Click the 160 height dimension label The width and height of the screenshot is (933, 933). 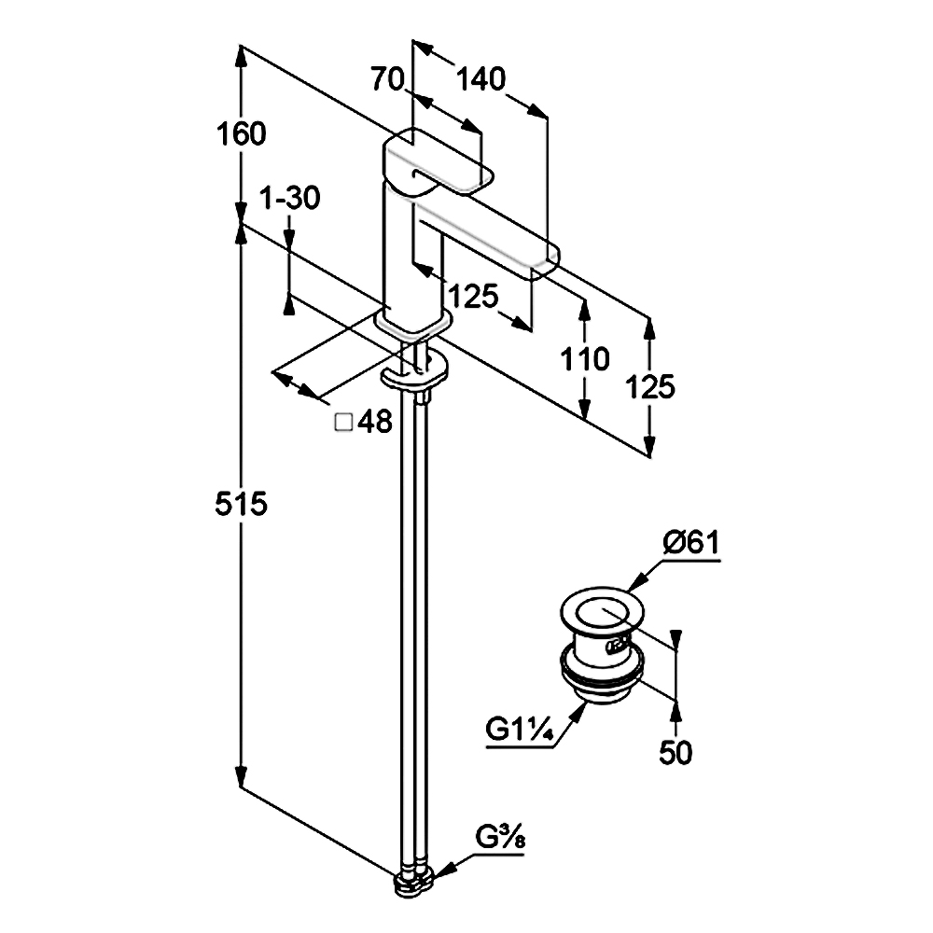click(x=242, y=134)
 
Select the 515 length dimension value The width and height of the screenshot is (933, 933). click(x=242, y=505)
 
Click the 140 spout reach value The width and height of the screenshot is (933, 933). click(x=480, y=80)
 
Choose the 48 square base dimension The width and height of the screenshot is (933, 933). click(x=374, y=424)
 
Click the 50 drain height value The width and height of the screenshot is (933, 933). click(x=675, y=752)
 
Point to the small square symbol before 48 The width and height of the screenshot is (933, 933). click(x=342, y=424)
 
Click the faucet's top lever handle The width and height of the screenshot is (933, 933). click(x=437, y=164)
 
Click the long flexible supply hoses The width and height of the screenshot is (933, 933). click(x=414, y=606)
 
